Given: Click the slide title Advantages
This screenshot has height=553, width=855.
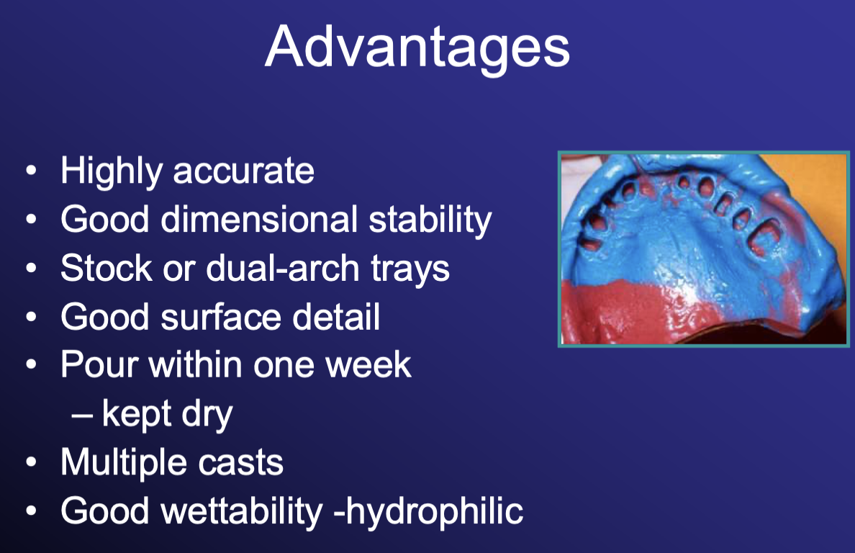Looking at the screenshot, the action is pyautogui.click(x=417, y=48).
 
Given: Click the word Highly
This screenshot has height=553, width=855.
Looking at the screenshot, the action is pyautogui.click(x=112, y=172).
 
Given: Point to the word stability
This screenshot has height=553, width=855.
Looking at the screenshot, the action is pyautogui.click(x=430, y=221).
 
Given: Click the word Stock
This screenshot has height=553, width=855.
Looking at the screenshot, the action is pyautogui.click(x=107, y=268).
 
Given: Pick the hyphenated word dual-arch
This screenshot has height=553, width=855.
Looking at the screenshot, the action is pyautogui.click(x=282, y=268).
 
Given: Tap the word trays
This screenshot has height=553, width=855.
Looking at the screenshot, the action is pyautogui.click(x=410, y=270).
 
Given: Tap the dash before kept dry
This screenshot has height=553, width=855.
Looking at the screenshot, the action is pyautogui.click(x=81, y=415).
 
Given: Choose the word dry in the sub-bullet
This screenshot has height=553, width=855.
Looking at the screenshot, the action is pyautogui.click(x=207, y=415).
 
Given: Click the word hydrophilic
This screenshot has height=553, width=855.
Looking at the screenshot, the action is pyautogui.click(x=435, y=512).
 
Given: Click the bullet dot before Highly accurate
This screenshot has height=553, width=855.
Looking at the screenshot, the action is pyautogui.click(x=31, y=171).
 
